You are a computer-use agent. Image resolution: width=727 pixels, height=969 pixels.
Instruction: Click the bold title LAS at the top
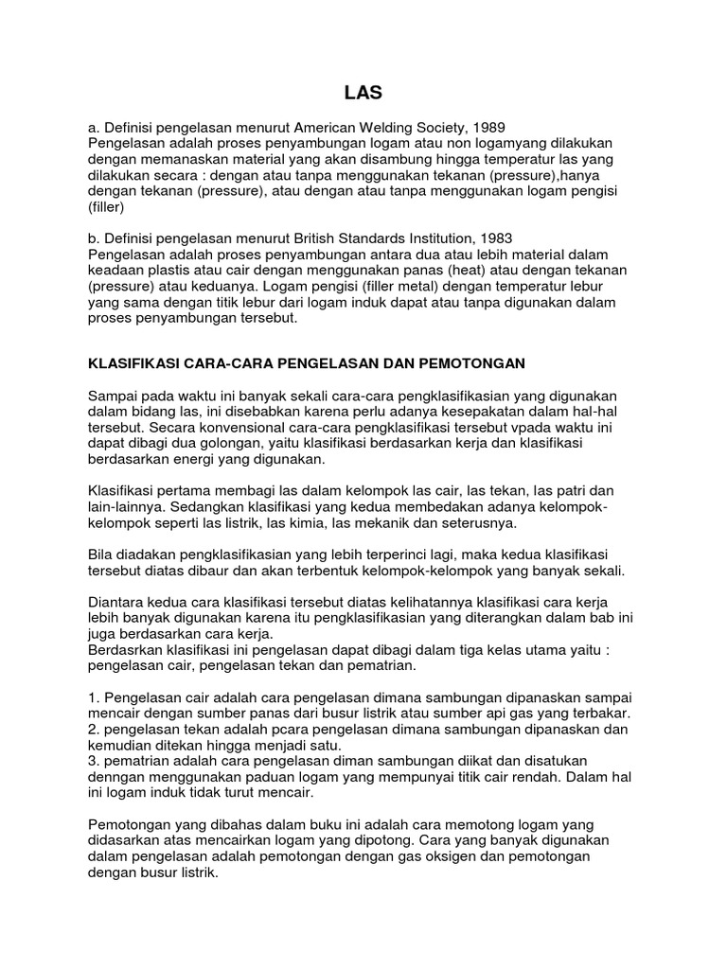[x=363, y=92]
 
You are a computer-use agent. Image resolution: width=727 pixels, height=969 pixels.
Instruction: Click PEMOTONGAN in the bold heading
[x=475, y=362]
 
